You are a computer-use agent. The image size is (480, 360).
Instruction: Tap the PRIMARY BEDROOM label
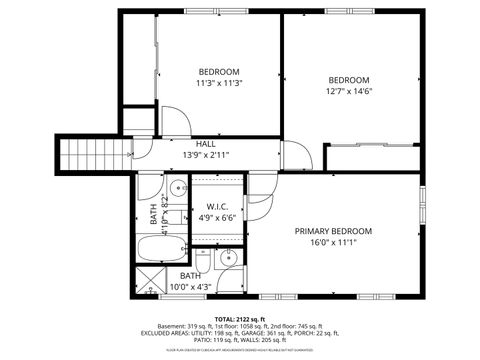[333, 231]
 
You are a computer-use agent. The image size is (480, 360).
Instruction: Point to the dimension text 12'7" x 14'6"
[349, 92]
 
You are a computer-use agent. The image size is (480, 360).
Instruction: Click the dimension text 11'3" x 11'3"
[218, 84]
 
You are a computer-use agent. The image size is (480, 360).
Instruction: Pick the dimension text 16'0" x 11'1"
[333, 242]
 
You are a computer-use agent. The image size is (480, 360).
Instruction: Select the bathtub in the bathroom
[161, 250]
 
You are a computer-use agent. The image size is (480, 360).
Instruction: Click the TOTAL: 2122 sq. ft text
[240, 317]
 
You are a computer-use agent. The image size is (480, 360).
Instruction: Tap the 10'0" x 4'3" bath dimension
[190, 287]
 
